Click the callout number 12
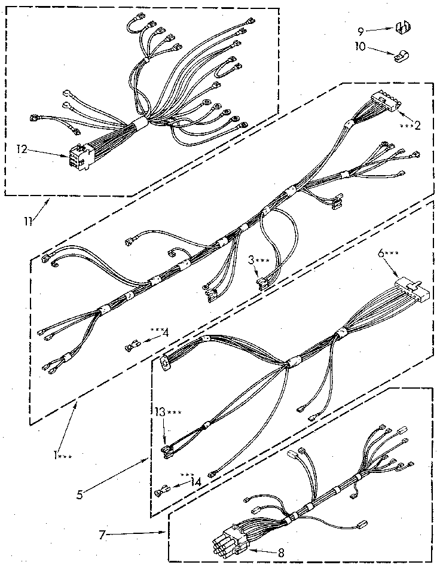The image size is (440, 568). [x=22, y=150]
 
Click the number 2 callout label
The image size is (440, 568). [x=417, y=126]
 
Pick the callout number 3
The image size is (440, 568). [x=252, y=261]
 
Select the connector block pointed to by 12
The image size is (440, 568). [x=79, y=157]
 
